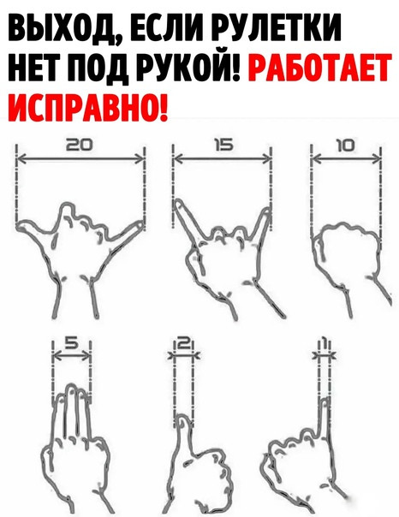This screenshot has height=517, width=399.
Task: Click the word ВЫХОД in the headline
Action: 62,30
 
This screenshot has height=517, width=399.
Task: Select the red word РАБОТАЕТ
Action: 320,68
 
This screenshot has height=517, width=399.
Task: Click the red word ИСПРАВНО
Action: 87,105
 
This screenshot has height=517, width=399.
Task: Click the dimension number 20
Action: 80,145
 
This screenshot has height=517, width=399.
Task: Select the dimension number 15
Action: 224,145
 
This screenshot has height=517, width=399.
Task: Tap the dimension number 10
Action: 345,145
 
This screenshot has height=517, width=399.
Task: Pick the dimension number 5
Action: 71,343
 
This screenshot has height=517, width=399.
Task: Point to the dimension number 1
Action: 325,344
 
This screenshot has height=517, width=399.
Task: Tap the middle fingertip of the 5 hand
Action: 71,387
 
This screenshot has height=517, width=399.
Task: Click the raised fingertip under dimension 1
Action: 325,401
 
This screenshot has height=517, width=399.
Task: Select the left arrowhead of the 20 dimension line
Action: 21,159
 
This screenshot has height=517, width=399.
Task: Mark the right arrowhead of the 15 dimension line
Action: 266,159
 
